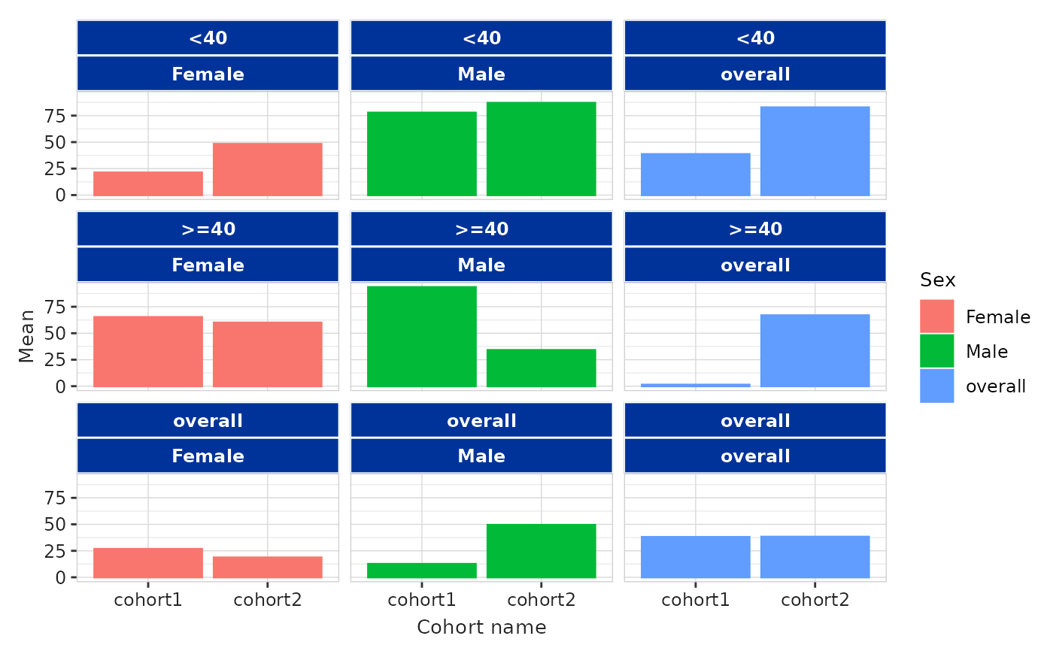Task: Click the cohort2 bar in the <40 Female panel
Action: pyautogui.click(x=268, y=169)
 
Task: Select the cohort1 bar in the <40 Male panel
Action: pyautogui.click(x=422, y=153)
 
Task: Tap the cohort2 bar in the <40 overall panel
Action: pyautogui.click(x=815, y=151)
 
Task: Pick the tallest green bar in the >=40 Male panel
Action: pyautogui.click(x=422, y=336)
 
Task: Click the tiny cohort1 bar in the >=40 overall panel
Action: pyautogui.click(x=695, y=385)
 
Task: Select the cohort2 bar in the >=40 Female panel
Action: pyautogui.click(x=268, y=354)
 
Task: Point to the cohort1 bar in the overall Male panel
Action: pyautogui.click(x=422, y=571)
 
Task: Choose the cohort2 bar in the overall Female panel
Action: pyautogui.click(x=268, y=568)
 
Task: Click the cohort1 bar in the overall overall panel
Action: pyautogui.click(x=695, y=557)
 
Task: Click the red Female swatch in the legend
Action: pyautogui.click(x=937, y=316)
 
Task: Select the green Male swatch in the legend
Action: pyautogui.click(x=937, y=351)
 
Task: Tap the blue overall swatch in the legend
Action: pyautogui.click(x=937, y=386)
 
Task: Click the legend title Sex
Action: pyautogui.click(x=937, y=280)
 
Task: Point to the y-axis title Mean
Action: pyautogui.click(x=26, y=336)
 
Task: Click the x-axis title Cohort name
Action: pyautogui.click(x=481, y=627)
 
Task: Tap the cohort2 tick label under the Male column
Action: pyautogui.click(x=541, y=600)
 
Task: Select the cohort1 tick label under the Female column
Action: pyautogui.click(x=148, y=600)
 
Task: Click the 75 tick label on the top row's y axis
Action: pyautogui.click(x=55, y=116)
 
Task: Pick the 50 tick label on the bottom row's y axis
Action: pyautogui.click(x=55, y=524)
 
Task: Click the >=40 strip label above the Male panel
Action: pyautogui.click(x=481, y=229)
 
